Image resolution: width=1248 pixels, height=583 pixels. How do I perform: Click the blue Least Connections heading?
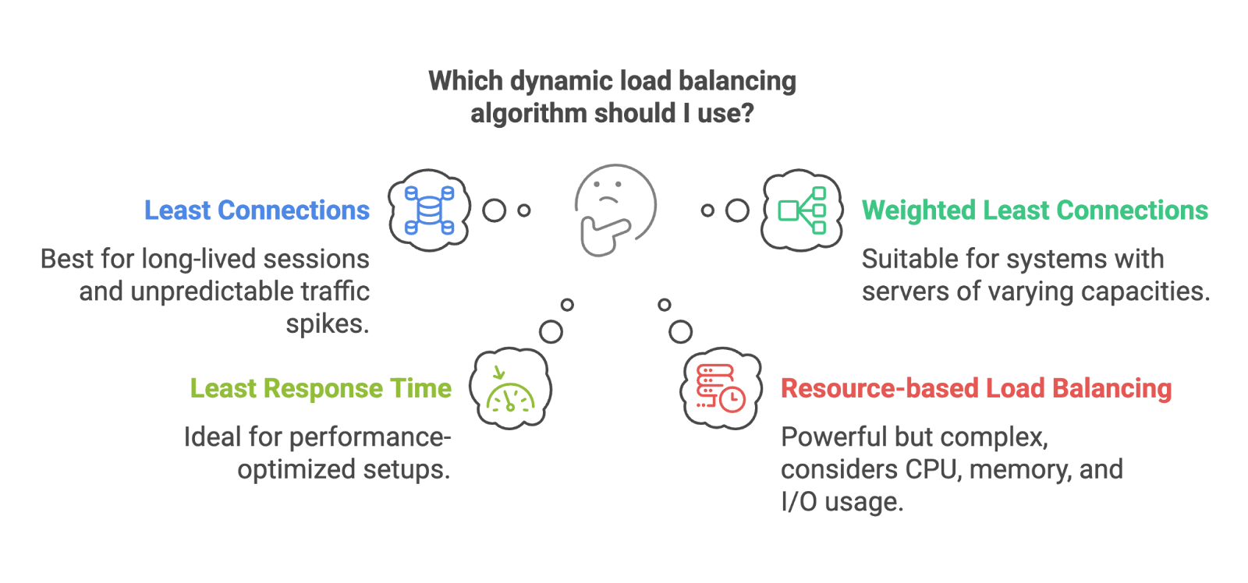pos(257,210)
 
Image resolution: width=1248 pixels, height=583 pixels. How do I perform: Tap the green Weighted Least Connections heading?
pos(1034,210)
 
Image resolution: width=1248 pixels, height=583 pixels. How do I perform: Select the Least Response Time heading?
pos(321,388)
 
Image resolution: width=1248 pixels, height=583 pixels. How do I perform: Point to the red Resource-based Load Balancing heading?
pos(976,388)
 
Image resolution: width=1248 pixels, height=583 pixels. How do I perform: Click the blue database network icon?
pos(429,210)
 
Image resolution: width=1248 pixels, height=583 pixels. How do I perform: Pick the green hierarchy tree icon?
pos(803,210)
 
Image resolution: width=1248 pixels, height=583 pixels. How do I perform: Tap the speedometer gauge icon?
pos(511,389)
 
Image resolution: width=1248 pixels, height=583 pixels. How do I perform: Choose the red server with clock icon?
pos(720,389)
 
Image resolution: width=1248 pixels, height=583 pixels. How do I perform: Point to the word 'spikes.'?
pos(328,323)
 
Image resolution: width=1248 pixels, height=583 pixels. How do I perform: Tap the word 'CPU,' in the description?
pos(933,469)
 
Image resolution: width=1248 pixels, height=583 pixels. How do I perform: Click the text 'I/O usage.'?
pos(842,502)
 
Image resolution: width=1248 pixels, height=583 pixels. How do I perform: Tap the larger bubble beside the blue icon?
pos(494,210)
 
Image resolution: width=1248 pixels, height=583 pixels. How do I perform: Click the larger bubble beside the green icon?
pos(737,210)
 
